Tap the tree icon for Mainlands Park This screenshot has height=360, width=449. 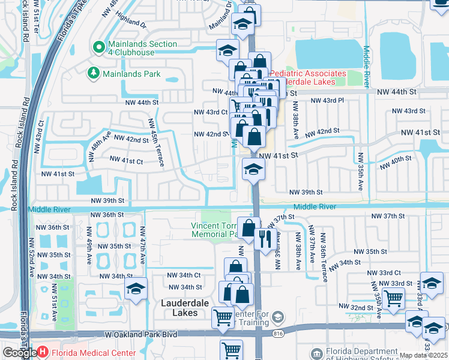click(x=93, y=74)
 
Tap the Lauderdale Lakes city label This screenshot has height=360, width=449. click(x=184, y=304)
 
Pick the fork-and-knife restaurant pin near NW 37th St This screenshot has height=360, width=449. click(x=265, y=239)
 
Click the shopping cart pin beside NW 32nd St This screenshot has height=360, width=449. click(x=393, y=297)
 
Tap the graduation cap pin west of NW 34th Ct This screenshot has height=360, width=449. click(x=136, y=289)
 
